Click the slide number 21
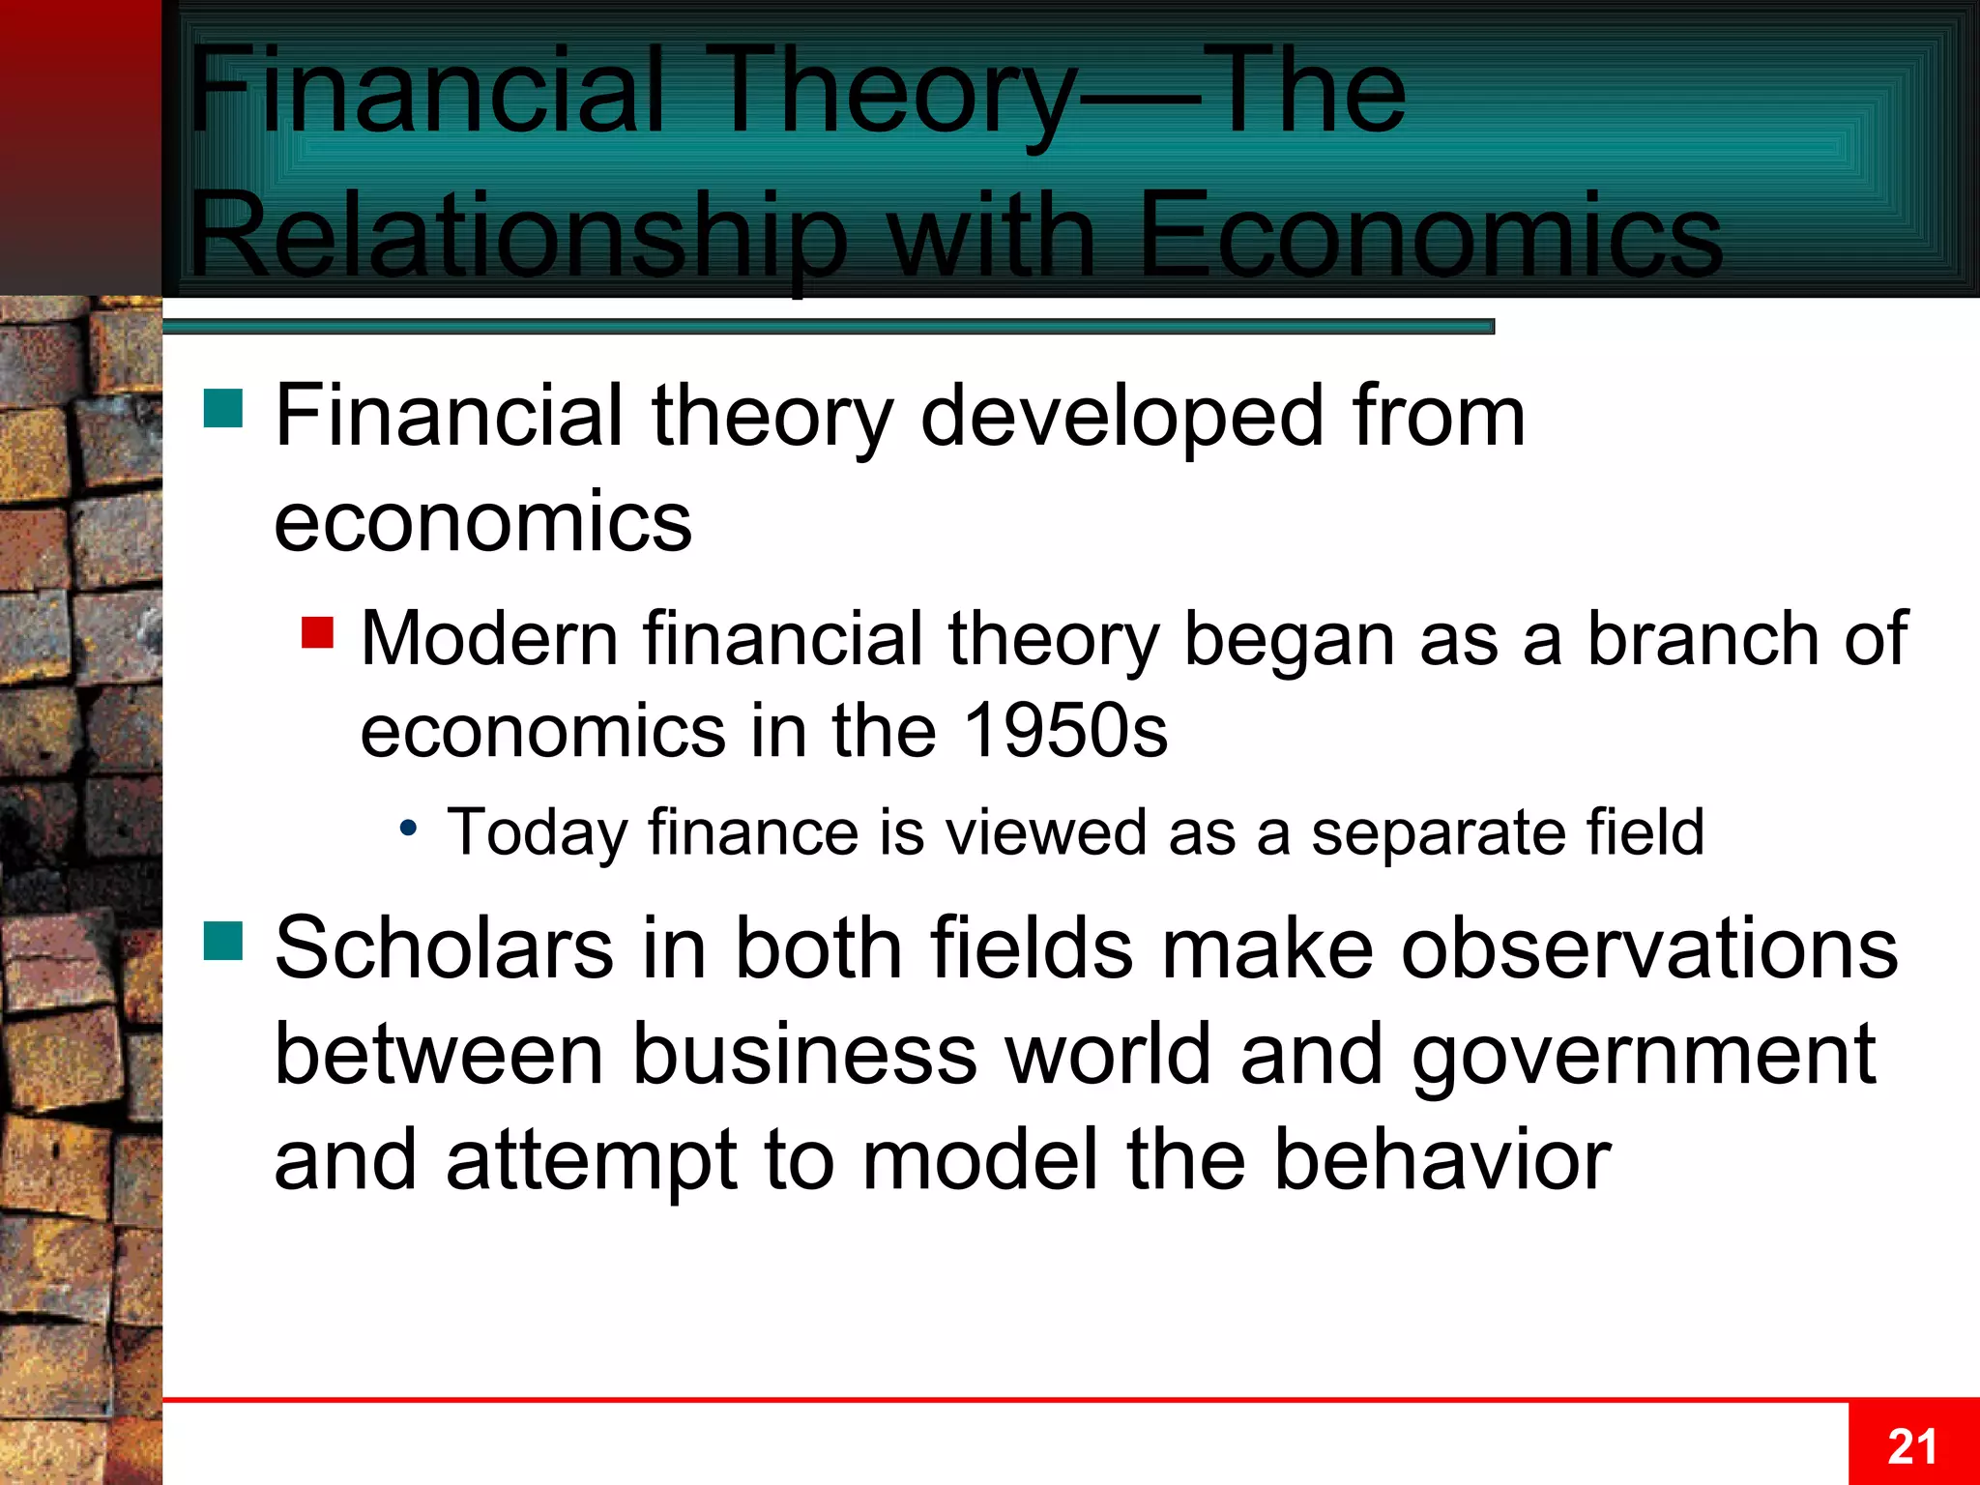(x=1912, y=1447)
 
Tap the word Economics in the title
(x=1431, y=237)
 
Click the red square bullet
(x=317, y=633)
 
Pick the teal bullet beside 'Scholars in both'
(x=223, y=941)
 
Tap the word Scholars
(x=444, y=948)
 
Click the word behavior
(x=1441, y=1160)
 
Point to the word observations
(x=1649, y=948)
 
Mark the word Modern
(x=489, y=639)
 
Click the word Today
(x=537, y=833)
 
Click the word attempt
(x=592, y=1160)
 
